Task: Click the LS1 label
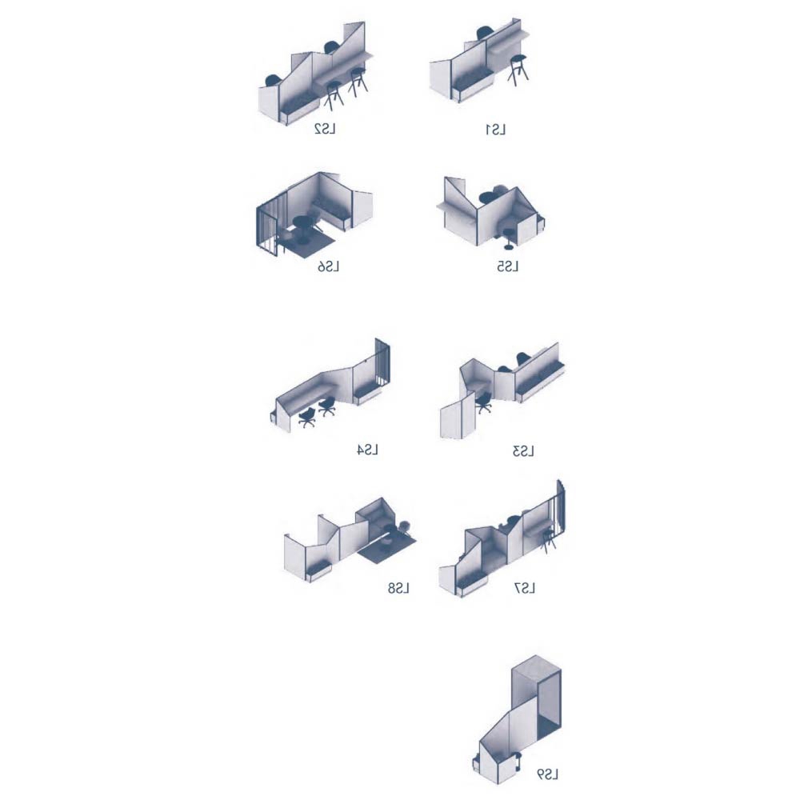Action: tap(495, 130)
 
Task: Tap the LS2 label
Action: tap(325, 129)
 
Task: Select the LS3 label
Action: tap(523, 451)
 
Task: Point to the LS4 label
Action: tap(367, 450)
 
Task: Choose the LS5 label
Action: tap(508, 267)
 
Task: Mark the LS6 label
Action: tap(328, 267)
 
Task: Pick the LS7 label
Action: tap(525, 589)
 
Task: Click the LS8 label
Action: tap(398, 589)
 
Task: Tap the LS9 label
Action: tap(547, 774)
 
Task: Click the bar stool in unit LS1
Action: tap(518, 70)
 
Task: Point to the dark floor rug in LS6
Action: tap(306, 243)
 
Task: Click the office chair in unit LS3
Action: tap(482, 403)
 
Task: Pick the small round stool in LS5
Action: tap(509, 238)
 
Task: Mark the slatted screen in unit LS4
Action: tap(382, 363)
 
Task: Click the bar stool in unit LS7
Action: tap(548, 542)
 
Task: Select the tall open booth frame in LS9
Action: tap(537, 699)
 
